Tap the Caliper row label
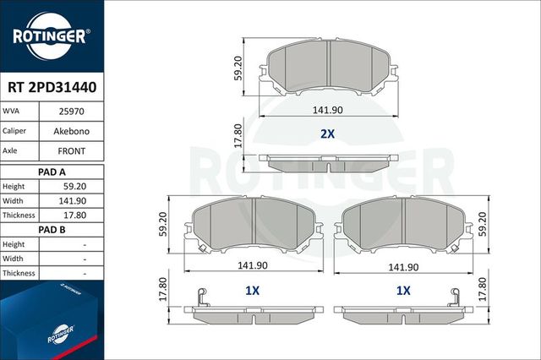pyautogui.click(x=15, y=131)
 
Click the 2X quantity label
pyautogui.click(x=328, y=134)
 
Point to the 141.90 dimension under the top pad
pyautogui.click(x=329, y=109)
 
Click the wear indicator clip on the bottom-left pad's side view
pyautogui.click(x=200, y=297)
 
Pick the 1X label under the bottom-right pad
pyautogui.click(x=403, y=290)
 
